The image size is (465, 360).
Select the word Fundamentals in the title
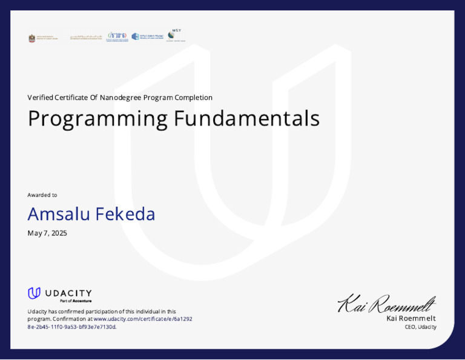click(x=246, y=118)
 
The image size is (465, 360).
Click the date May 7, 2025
click(x=47, y=233)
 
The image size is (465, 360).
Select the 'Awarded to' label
click(x=42, y=195)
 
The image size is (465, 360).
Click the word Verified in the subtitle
click(x=41, y=98)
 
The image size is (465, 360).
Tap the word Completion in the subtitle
click(x=193, y=98)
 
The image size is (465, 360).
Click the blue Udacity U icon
click(x=35, y=293)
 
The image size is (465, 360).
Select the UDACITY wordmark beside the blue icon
click(x=68, y=293)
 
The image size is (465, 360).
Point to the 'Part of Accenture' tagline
click(x=76, y=301)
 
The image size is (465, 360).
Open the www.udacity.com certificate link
click(x=143, y=319)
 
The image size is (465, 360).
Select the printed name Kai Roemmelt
click(x=411, y=318)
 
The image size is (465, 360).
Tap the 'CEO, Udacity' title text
click(x=420, y=327)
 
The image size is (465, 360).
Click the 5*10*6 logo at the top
click(x=117, y=36)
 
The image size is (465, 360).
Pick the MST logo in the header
click(x=176, y=35)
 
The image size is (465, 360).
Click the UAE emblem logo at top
click(x=32, y=38)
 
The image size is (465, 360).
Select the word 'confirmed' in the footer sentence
click(x=77, y=312)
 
